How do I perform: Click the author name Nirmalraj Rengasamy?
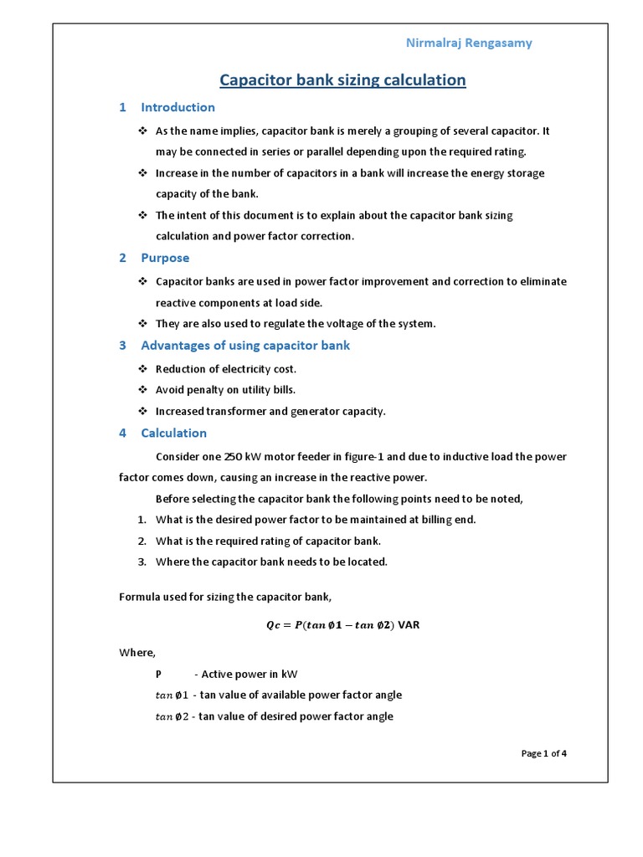coord(468,43)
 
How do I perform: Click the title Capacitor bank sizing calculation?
coord(342,80)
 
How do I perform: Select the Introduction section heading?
coord(177,107)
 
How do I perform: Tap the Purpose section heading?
coord(165,258)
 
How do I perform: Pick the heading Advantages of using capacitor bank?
coord(245,346)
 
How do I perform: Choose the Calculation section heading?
coord(173,433)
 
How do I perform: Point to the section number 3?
coord(122,346)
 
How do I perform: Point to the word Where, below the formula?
coord(137,653)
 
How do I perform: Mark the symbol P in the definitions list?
coord(159,674)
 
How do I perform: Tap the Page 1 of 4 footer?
coord(543,753)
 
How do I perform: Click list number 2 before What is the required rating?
coord(142,541)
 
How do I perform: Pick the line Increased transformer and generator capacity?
coord(270,412)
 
